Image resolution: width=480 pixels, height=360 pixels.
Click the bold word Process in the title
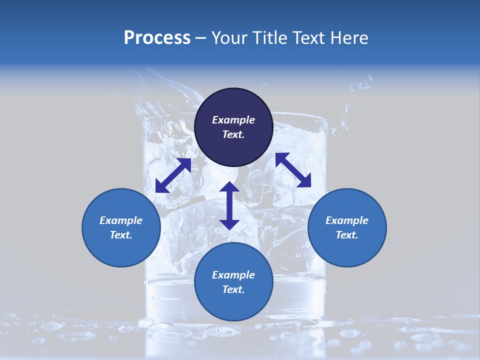pyautogui.click(x=157, y=38)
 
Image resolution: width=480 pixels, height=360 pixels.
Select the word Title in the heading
pyautogui.click(x=267, y=38)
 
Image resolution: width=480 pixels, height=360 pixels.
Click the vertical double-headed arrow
pyautogui.click(x=229, y=205)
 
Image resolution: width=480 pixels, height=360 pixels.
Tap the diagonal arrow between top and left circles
pyautogui.click(x=173, y=175)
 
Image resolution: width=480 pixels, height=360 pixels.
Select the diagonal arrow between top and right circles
pyautogui.click(x=293, y=170)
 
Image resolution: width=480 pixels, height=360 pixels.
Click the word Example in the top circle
pyautogui.click(x=233, y=120)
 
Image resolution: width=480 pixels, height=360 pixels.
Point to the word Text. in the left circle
pyautogui.click(x=121, y=235)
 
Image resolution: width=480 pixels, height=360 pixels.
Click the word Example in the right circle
pyautogui.click(x=347, y=220)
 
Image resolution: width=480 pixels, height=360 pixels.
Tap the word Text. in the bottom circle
pyautogui.click(x=233, y=289)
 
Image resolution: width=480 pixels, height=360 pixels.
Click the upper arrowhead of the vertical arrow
pyautogui.click(x=229, y=187)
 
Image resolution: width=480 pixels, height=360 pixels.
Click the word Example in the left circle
pyautogui.click(x=121, y=220)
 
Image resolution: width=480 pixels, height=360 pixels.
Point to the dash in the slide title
pyautogui.click(x=201, y=38)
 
